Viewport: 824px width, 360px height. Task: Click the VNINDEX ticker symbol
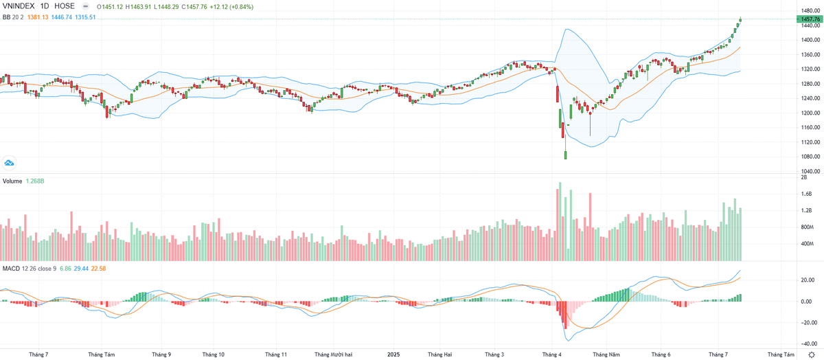[x=19, y=6]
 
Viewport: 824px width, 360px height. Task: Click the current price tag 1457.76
[x=811, y=19]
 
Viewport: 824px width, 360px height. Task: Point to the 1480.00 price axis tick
[x=811, y=10]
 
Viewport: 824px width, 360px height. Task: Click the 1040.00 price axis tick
[x=811, y=171]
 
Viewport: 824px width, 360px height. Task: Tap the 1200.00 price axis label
[x=811, y=113]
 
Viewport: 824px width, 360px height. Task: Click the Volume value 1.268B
[x=36, y=181]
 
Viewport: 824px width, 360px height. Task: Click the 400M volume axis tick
[x=807, y=244]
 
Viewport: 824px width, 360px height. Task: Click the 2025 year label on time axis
[x=393, y=355]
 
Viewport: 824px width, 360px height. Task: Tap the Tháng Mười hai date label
[x=332, y=355]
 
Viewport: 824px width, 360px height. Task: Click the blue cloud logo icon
[x=10, y=163]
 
